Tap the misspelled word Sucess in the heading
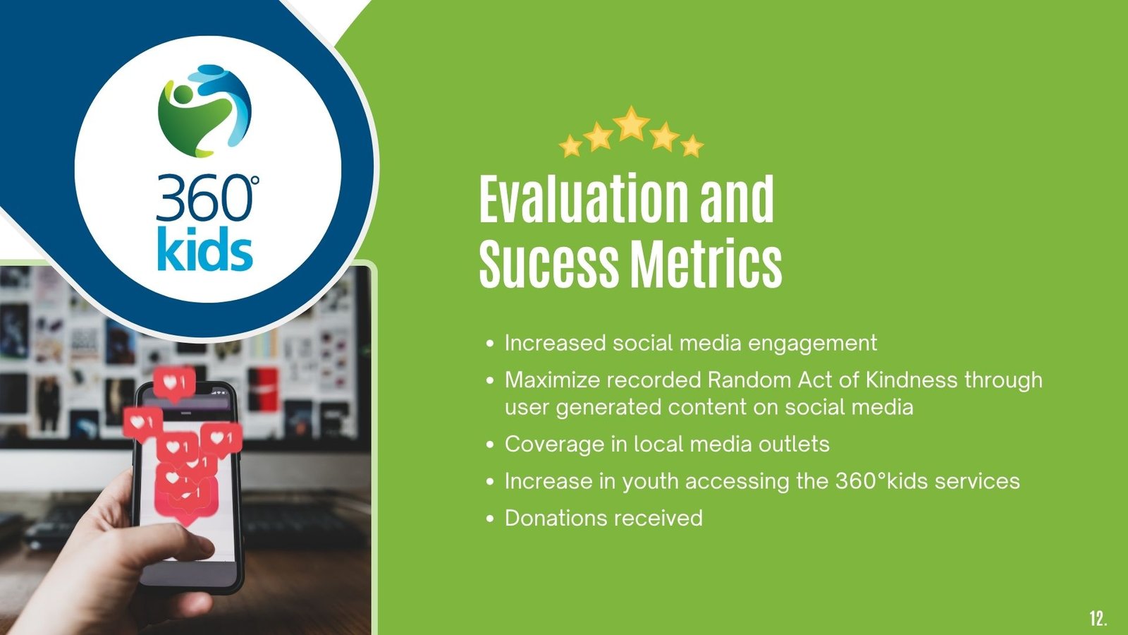(548, 264)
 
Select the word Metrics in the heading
(706, 264)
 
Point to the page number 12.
(1098, 618)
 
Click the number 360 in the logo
(204, 198)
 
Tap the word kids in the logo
(205, 248)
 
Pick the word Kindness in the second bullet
(912, 380)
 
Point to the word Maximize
(553, 380)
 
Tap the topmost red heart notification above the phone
(174, 384)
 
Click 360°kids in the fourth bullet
(881, 480)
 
